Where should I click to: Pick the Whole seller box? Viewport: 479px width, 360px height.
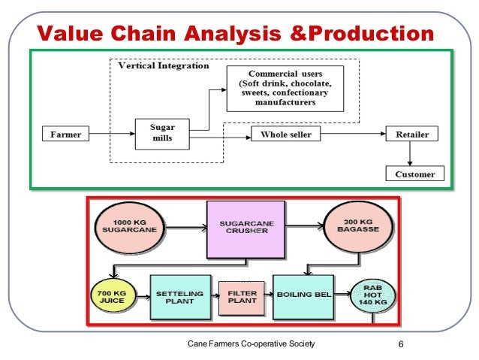285,135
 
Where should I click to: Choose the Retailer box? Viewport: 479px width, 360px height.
411,135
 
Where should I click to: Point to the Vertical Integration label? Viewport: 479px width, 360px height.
164,66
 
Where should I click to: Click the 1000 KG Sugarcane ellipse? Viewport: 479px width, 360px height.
134,227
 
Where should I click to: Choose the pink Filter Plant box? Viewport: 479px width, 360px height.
242,298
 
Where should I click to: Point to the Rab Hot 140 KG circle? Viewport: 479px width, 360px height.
373,299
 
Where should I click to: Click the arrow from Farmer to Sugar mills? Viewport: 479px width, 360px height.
110,135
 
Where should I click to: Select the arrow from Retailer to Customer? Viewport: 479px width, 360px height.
411,154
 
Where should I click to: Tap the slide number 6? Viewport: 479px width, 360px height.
402,344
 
